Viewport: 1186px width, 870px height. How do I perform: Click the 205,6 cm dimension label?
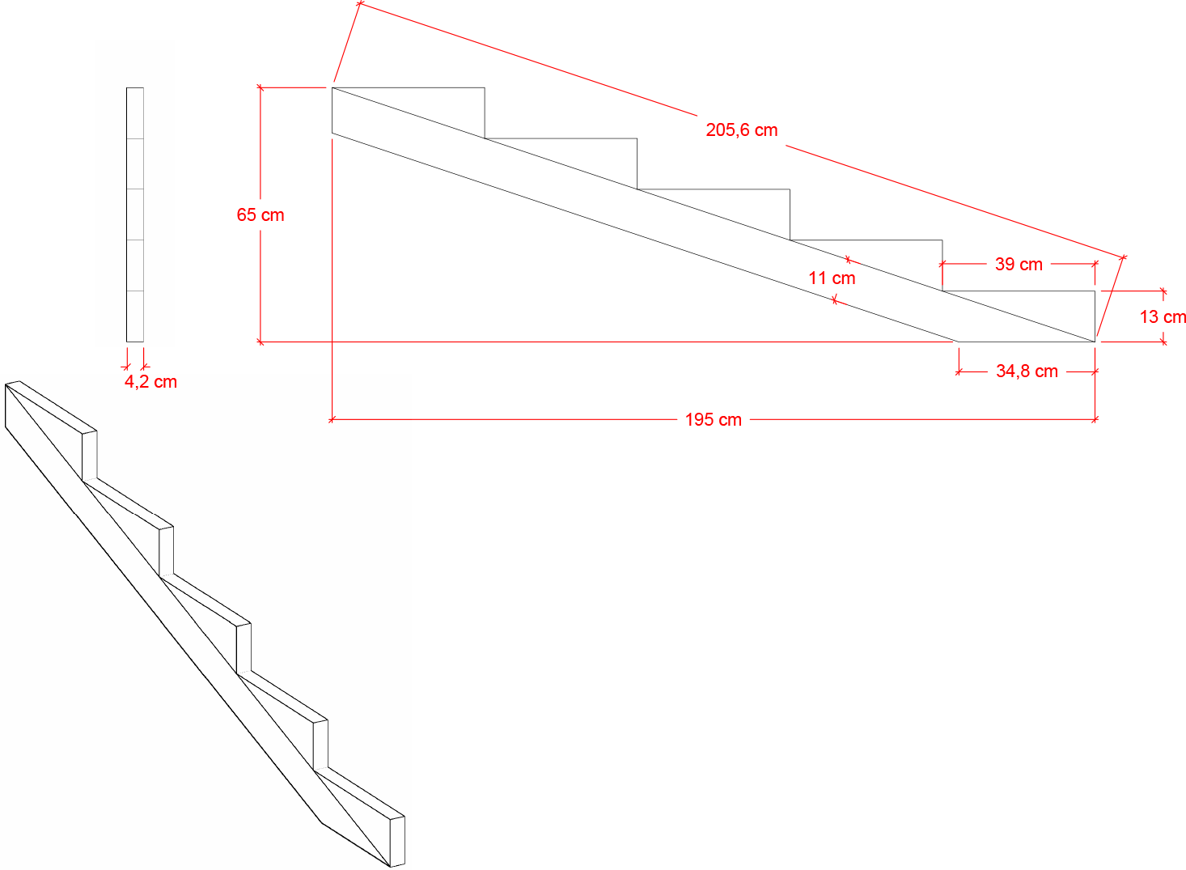point(741,130)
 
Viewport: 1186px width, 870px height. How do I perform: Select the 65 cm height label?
point(260,215)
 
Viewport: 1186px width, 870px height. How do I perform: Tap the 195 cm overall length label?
point(714,420)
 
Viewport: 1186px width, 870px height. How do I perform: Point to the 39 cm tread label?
point(1019,264)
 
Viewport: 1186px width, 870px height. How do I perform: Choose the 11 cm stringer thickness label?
point(832,278)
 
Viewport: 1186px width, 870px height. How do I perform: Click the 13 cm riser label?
point(1163,317)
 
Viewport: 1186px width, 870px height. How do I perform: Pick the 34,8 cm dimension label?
point(1027,371)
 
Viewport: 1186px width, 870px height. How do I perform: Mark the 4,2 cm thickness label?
point(151,382)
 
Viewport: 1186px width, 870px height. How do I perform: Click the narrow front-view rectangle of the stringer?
point(135,214)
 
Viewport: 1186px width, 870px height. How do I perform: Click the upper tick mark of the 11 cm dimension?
point(848,260)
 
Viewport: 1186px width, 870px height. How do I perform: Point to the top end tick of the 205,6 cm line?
point(360,4)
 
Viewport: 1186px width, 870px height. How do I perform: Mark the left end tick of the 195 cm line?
point(332,420)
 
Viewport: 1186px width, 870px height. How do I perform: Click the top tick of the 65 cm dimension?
point(260,87)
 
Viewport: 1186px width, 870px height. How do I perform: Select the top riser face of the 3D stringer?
point(90,456)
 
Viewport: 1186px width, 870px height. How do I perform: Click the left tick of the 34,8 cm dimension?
point(959,371)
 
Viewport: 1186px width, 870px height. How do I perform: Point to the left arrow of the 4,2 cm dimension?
point(126,366)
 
